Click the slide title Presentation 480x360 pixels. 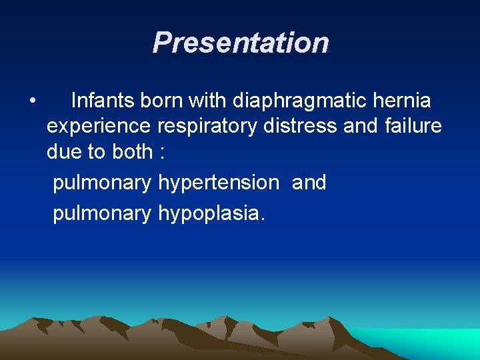pos(240,43)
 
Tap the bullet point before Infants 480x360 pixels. pos(32,101)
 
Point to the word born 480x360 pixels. pos(162,101)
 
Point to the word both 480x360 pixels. pos(132,151)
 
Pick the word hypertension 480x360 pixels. pos(219,183)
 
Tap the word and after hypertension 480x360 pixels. pos(309,182)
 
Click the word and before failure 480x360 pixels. pos(361,126)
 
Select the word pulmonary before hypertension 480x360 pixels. pos(102,183)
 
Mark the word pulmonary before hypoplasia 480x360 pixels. pos(102,213)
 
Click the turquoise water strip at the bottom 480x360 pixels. pos(427,341)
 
